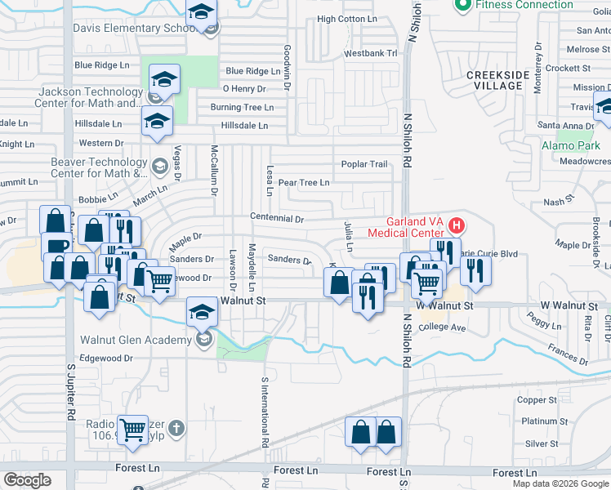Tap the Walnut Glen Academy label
click(x=136, y=340)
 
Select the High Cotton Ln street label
click(x=347, y=19)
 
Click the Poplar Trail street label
click(x=364, y=164)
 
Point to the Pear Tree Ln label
click(x=304, y=183)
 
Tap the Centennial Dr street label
click(x=277, y=219)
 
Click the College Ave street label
click(x=442, y=327)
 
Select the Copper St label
click(x=537, y=400)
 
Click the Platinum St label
click(x=539, y=421)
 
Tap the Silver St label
click(x=542, y=444)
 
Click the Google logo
click(x=27, y=480)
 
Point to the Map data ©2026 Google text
click(x=560, y=483)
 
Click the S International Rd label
click(x=265, y=412)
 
